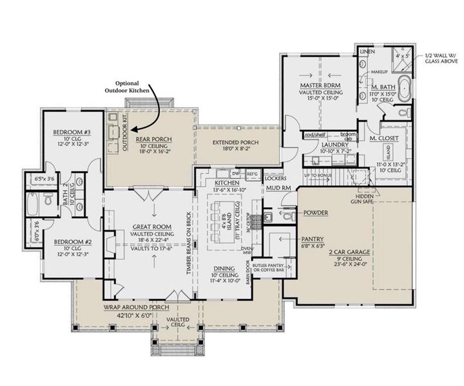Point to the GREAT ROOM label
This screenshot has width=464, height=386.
point(151,226)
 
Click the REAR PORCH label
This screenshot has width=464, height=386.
point(153,138)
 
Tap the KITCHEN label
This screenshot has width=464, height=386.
point(227,183)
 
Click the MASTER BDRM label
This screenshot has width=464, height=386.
point(320,86)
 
